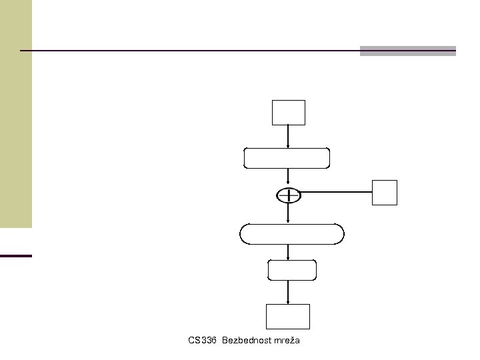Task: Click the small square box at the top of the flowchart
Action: tap(288, 112)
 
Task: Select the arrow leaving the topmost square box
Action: tap(287, 137)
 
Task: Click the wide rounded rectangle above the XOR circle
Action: tap(287, 159)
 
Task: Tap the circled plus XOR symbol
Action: tap(288, 195)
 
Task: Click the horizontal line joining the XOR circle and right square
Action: tap(337, 193)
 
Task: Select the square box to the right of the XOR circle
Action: tap(385, 192)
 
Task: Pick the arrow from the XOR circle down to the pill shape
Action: tap(287, 213)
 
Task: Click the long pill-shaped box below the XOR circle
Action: tap(291, 235)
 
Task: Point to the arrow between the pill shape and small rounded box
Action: tap(287, 252)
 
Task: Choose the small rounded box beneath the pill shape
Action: tap(291, 270)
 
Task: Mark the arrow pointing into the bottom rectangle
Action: tap(287, 292)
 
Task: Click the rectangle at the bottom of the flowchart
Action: tap(288, 316)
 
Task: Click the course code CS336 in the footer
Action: tap(203, 341)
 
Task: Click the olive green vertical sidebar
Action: tap(15, 113)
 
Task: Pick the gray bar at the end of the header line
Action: tap(407, 51)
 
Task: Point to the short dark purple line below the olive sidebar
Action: tap(15, 255)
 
